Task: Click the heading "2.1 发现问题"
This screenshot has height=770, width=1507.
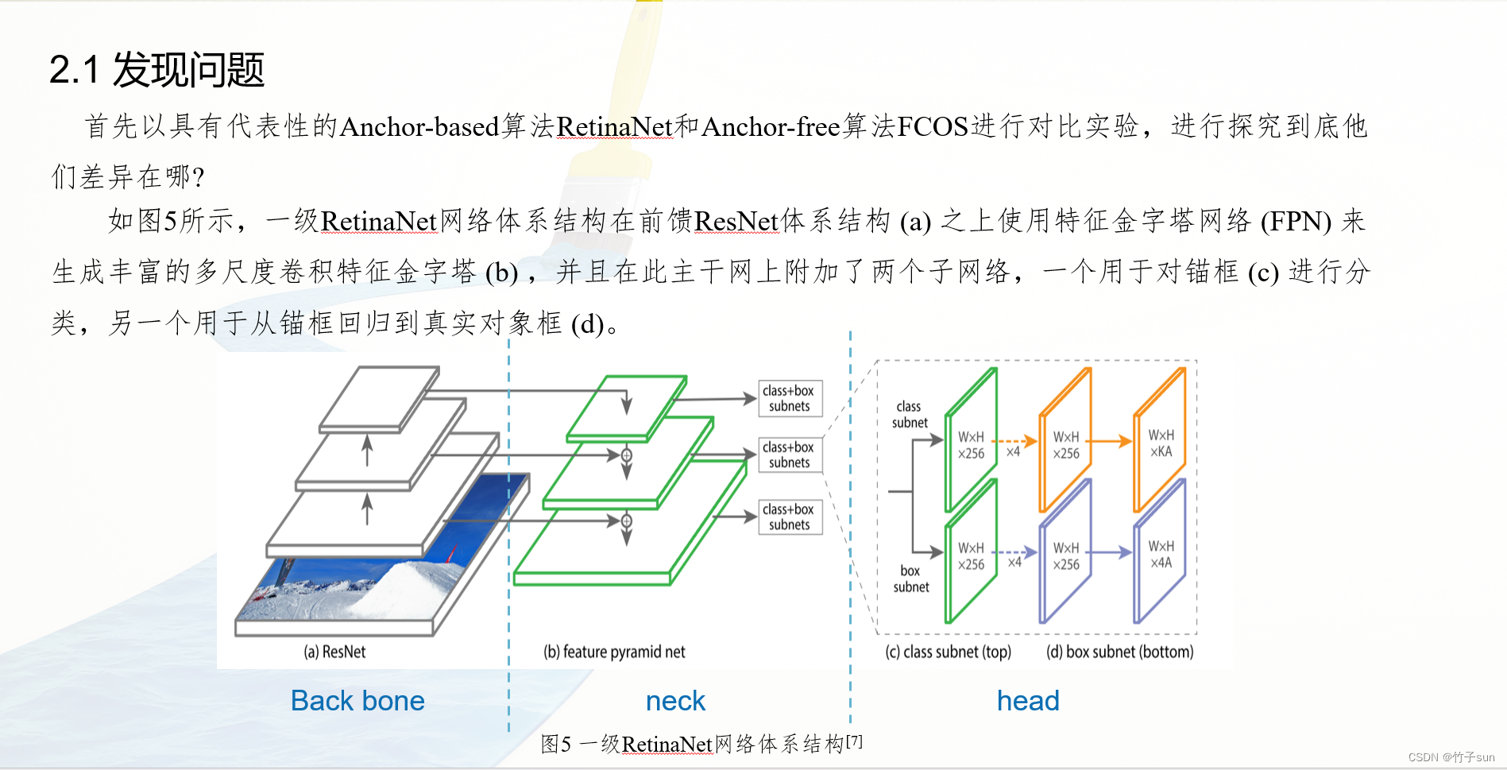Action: click(156, 70)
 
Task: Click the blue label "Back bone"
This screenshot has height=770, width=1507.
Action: click(357, 701)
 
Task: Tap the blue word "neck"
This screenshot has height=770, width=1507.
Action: click(675, 701)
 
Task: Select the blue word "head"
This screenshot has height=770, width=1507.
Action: click(1028, 701)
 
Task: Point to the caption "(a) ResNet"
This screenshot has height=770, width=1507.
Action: click(334, 652)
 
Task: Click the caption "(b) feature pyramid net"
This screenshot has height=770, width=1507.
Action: click(614, 652)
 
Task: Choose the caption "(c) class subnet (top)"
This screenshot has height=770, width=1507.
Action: click(949, 652)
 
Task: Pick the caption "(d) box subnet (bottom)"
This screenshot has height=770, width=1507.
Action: click(1119, 652)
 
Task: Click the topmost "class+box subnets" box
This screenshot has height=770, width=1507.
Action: click(789, 399)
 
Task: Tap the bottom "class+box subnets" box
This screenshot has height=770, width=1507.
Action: click(789, 517)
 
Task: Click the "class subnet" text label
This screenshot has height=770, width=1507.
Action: click(910, 415)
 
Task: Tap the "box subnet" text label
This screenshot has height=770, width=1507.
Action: click(910, 578)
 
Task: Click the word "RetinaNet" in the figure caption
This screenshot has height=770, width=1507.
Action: click(667, 745)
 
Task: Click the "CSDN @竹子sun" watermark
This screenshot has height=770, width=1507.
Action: click(1451, 757)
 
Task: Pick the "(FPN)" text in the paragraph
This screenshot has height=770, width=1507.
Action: click(1296, 222)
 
